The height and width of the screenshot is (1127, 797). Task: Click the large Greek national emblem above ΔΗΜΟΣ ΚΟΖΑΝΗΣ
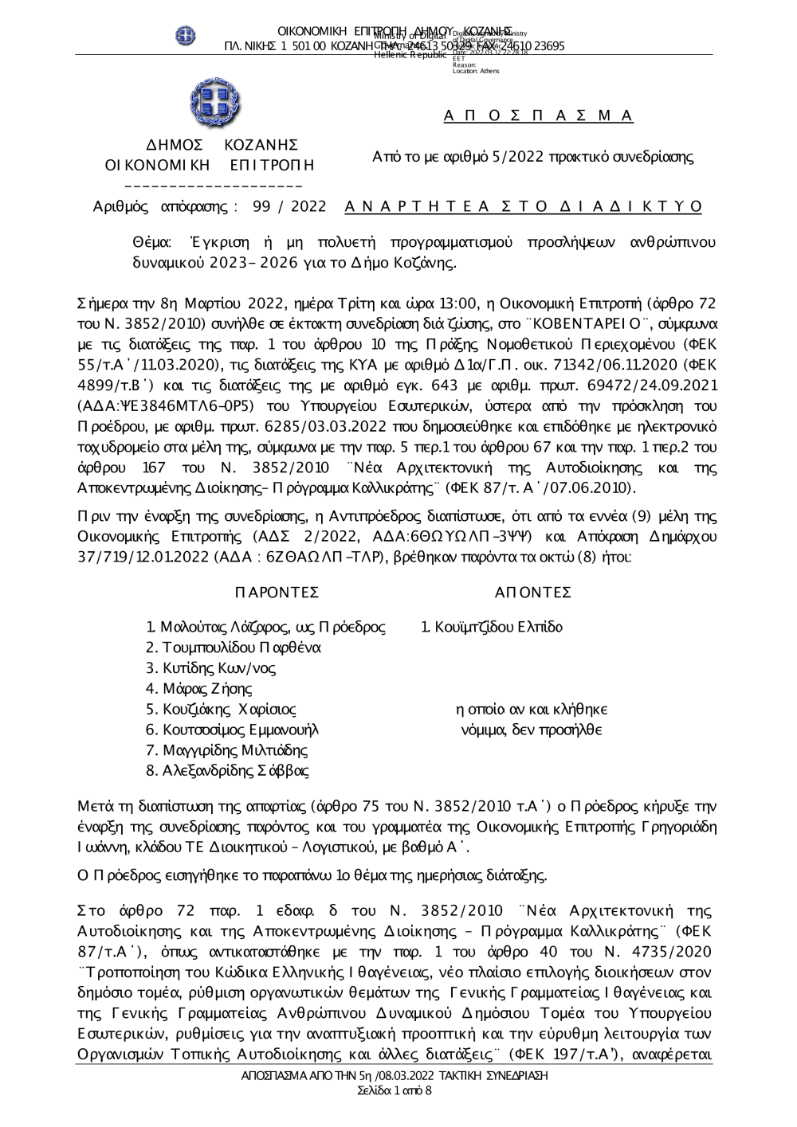[214, 104]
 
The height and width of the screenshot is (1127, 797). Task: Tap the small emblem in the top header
[186, 35]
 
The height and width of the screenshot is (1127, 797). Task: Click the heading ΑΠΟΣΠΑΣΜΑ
[538, 116]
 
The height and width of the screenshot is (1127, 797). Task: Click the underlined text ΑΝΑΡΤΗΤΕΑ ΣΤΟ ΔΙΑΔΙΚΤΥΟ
[524, 206]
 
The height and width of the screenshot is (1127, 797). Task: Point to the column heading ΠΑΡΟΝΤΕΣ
[277, 593]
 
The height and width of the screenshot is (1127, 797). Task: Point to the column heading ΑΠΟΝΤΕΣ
[533, 593]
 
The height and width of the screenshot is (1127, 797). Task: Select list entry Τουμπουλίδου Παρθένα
[233, 648]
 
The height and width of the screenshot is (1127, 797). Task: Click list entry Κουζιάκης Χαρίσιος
[221, 710]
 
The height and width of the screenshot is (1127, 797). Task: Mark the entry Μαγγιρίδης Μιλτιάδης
[226, 750]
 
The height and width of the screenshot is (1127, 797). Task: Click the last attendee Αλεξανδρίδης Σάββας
[227, 771]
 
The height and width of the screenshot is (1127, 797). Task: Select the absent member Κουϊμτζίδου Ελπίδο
[492, 627]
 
